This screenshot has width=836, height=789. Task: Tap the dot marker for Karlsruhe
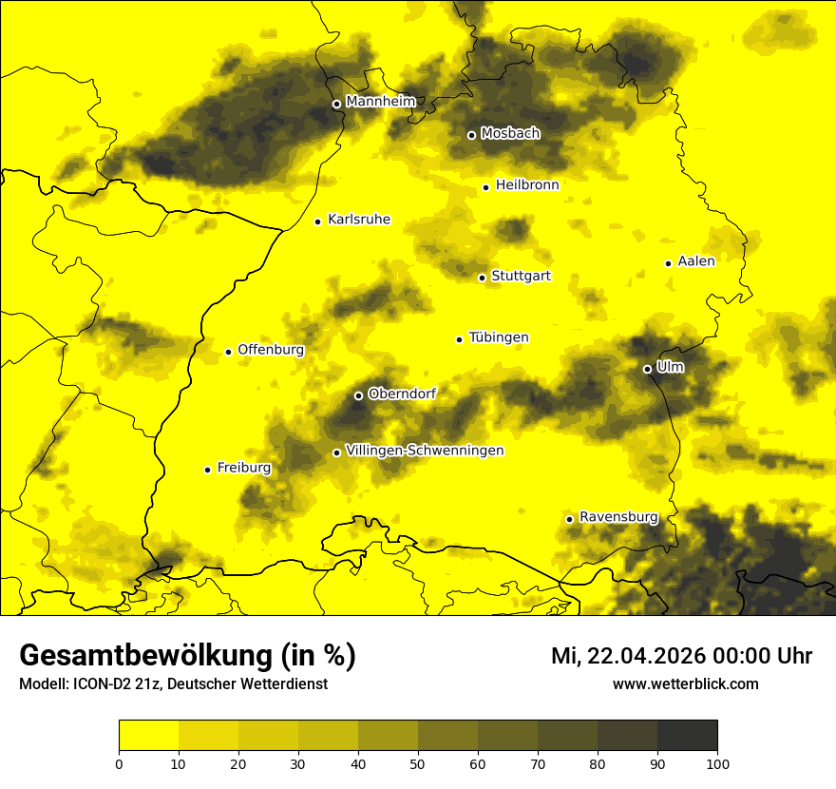coord(318,221)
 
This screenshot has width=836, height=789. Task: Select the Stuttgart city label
coord(521,277)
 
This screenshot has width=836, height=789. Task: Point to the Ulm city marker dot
coord(647,369)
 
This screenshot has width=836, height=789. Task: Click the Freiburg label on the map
coord(243,468)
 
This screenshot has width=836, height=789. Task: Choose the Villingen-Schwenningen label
coord(425,451)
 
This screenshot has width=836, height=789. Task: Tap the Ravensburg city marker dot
coord(569,519)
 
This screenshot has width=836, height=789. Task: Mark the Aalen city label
coord(696,261)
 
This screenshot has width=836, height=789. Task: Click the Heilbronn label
coord(527,185)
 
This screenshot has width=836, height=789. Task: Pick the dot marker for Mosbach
coord(471,135)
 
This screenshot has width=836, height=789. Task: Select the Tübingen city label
coord(499,337)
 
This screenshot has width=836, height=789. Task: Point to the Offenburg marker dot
coord(228,352)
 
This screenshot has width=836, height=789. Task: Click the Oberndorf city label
coord(402,394)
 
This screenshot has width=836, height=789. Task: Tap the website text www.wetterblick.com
coord(685,683)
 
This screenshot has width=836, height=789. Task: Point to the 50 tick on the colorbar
coord(418,762)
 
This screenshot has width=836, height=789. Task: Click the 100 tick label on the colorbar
coord(717,762)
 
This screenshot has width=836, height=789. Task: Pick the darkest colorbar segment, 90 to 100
coord(687,736)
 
